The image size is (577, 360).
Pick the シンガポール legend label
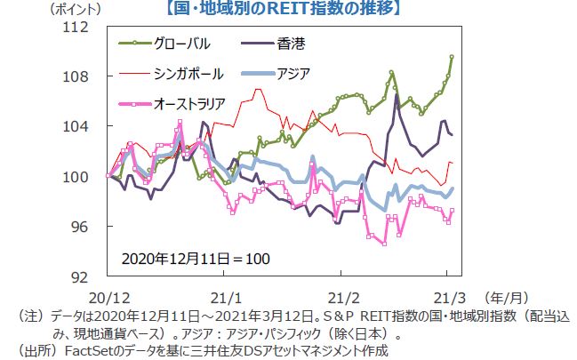(x=188, y=73)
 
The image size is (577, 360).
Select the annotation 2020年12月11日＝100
(x=195, y=259)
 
